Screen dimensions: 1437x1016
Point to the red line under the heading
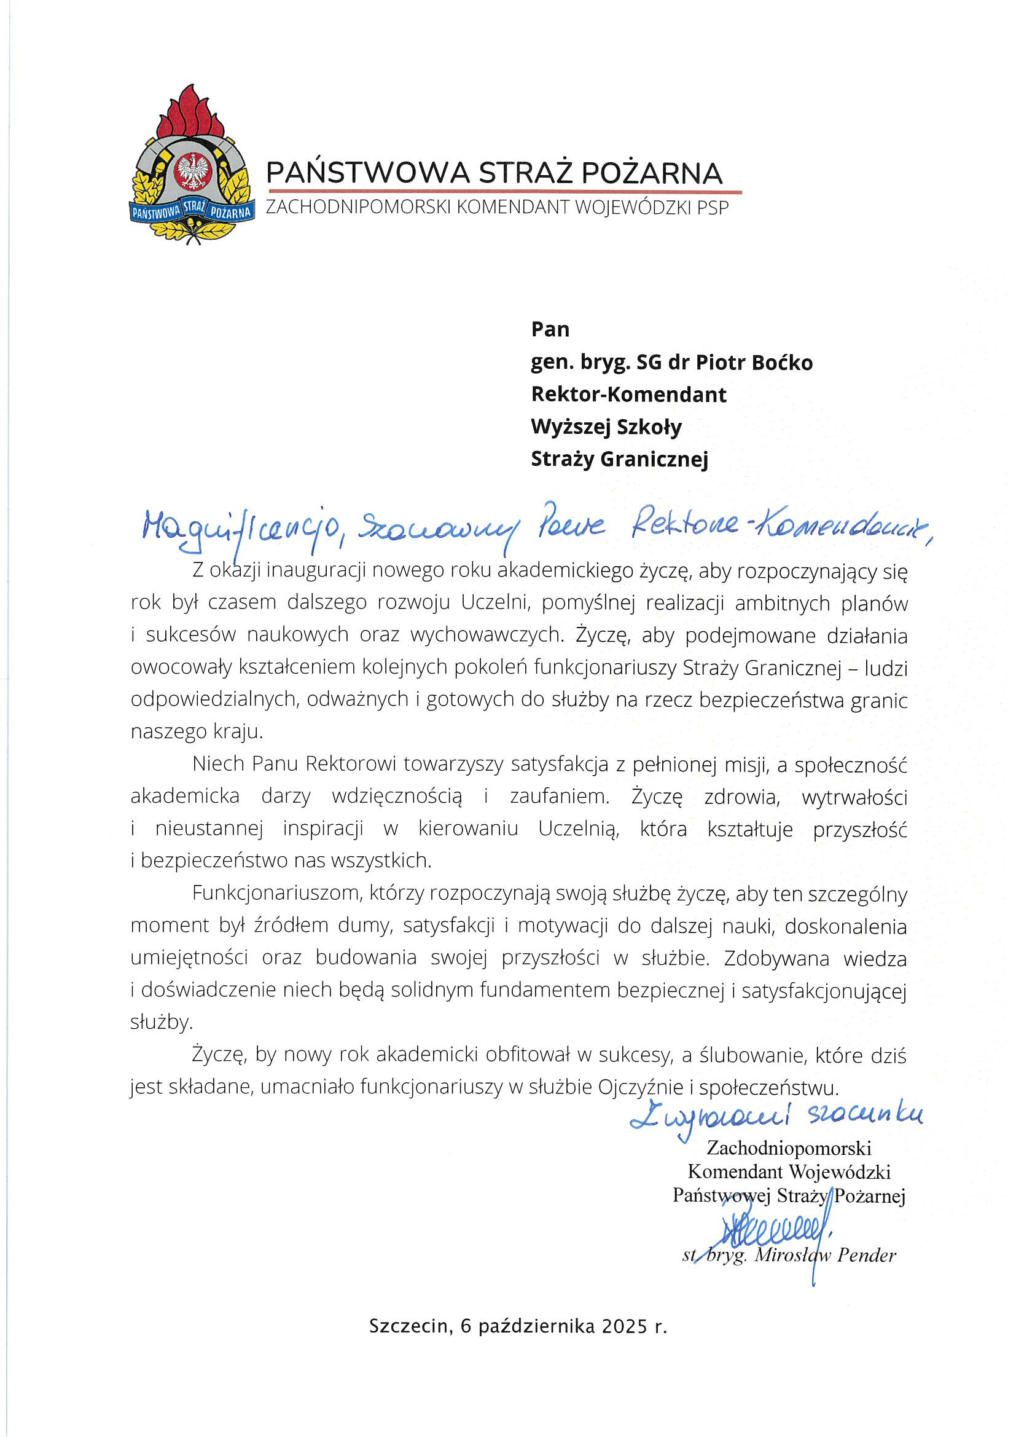point(504,192)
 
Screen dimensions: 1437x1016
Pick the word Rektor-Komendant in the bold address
point(629,395)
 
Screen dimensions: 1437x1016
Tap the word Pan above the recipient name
point(550,329)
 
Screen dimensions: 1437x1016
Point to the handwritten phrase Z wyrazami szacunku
point(776,1116)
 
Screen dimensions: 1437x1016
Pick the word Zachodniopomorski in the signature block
point(789,1148)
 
